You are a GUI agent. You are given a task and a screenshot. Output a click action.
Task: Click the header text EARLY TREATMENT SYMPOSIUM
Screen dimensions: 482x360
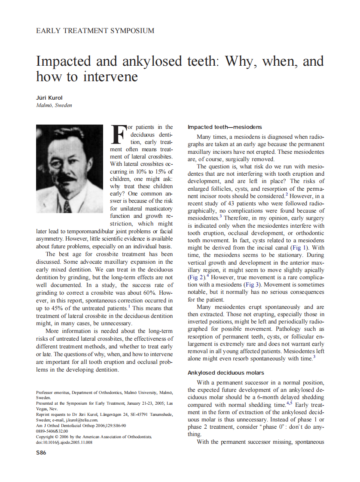point(95,31)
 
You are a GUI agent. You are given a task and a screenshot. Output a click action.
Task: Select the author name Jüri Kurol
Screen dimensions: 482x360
point(49,98)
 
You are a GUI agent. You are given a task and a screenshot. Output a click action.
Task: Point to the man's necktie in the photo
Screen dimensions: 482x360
point(67,207)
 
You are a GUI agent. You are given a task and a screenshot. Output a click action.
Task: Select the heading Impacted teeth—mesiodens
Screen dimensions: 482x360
point(225,127)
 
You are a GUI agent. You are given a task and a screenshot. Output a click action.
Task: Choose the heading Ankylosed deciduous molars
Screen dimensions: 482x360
point(226,372)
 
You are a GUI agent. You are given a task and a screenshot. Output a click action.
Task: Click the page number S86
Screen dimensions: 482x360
point(41,452)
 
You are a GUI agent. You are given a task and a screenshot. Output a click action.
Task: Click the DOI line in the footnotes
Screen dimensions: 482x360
point(64,442)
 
